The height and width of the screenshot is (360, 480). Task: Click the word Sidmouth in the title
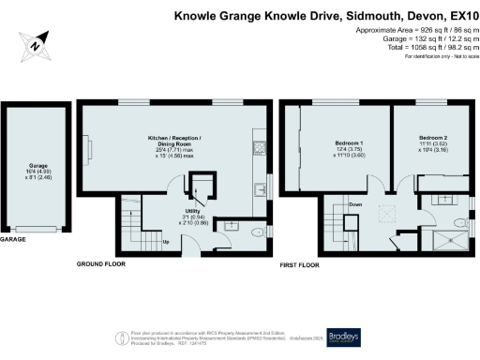point(325,16)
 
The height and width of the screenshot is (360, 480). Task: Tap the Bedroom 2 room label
point(434,138)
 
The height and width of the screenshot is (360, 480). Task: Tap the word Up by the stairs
point(166,242)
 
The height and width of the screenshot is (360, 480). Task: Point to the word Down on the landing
point(354,204)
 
